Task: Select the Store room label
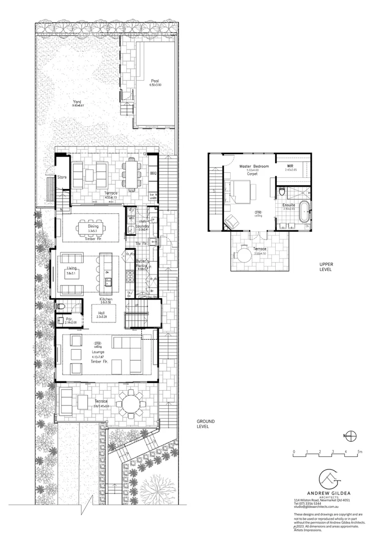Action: pos(62,177)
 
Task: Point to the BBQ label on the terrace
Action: pos(153,173)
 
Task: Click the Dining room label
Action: pos(93,226)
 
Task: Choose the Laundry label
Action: pos(142,226)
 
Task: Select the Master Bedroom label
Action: pos(254,166)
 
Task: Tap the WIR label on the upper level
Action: pos(290,165)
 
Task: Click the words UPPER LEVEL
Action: pos(327,266)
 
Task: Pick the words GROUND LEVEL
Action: pos(206,424)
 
